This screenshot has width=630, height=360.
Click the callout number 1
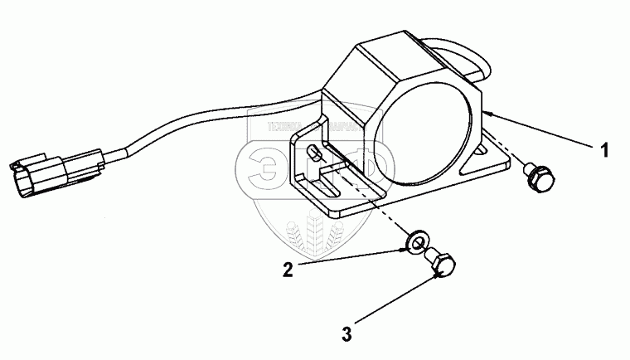click(x=605, y=150)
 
